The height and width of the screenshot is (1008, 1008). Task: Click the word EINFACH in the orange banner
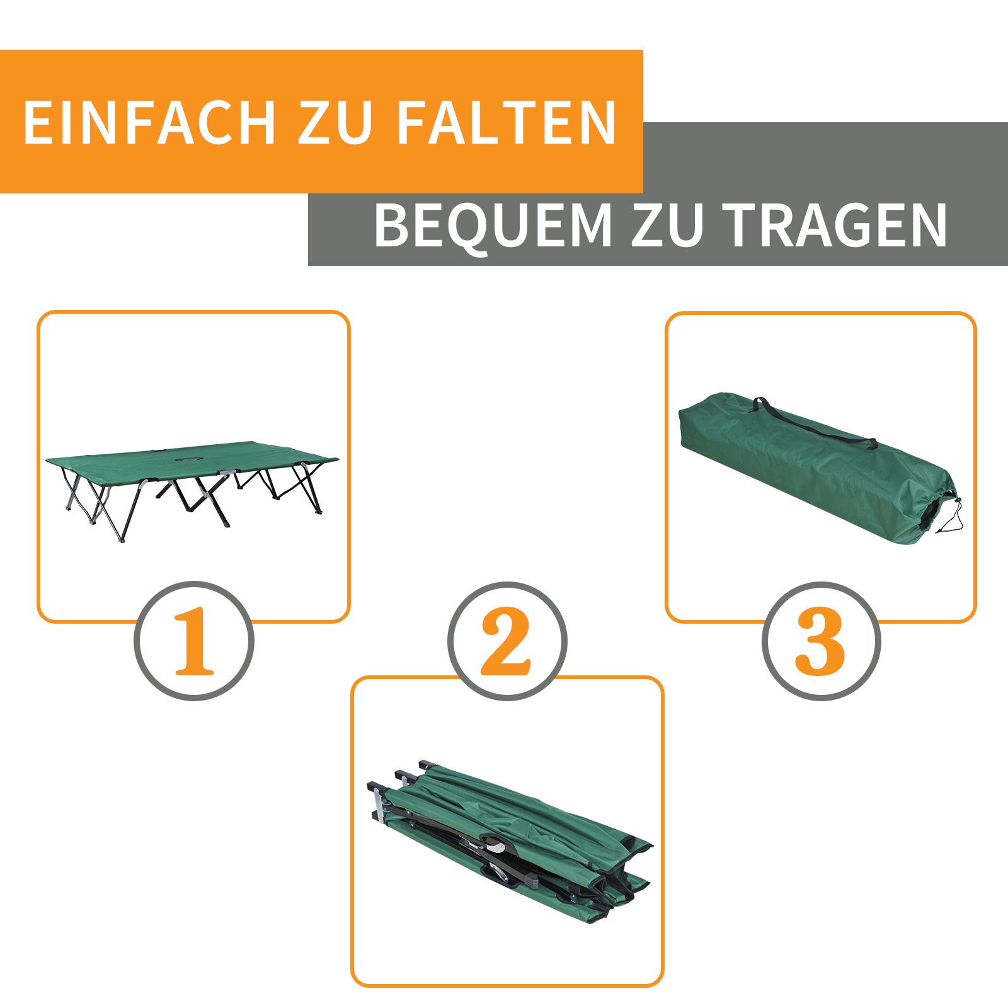(x=149, y=122)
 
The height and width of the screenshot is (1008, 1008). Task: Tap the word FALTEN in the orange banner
(x=506, y=122)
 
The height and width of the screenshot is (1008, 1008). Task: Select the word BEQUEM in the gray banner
(x=493, y=226)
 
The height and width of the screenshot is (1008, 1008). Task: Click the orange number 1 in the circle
(x=194, y=641)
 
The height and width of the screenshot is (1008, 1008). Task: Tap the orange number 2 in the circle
(x=507, y=641)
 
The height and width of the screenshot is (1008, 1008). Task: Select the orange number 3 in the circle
(x=820, y=641)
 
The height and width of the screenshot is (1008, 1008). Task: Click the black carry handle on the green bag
(x=813, y=423)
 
